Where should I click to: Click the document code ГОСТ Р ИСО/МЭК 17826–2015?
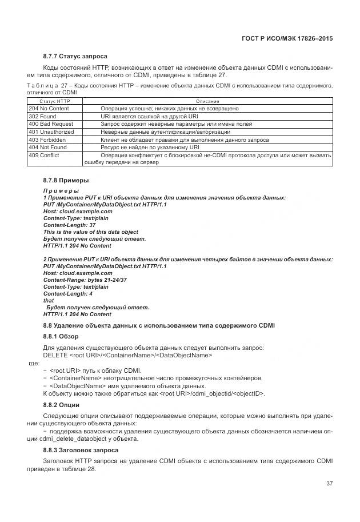tap(288, 38)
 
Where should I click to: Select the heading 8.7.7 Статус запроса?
tap(75, 56)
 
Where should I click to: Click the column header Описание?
tap(207, 101)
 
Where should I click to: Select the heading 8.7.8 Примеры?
tap(66, 181)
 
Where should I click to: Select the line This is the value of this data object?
tap(91, 232)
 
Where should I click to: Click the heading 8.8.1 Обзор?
tap(61, 336)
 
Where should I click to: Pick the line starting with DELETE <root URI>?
tap(127, 355)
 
